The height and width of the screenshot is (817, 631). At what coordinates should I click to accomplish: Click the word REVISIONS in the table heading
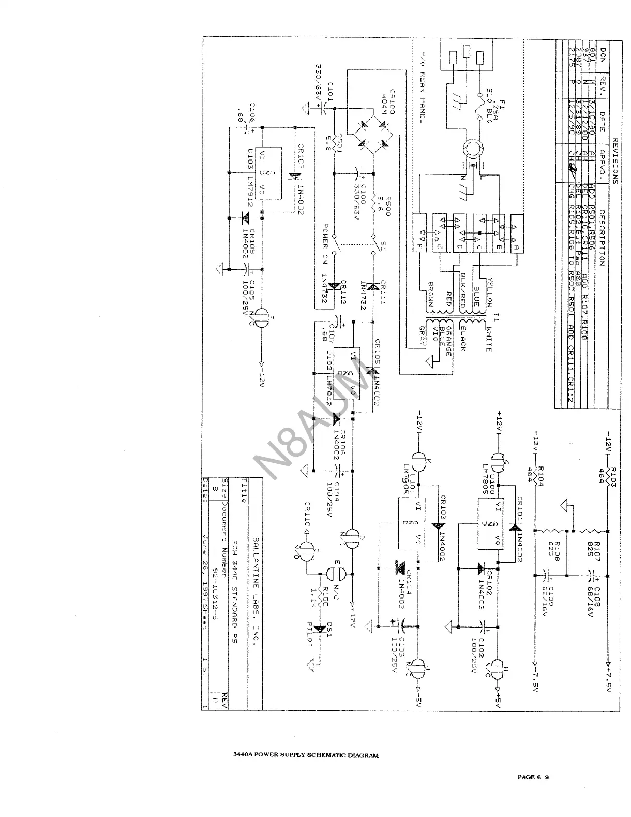pos(615,162)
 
